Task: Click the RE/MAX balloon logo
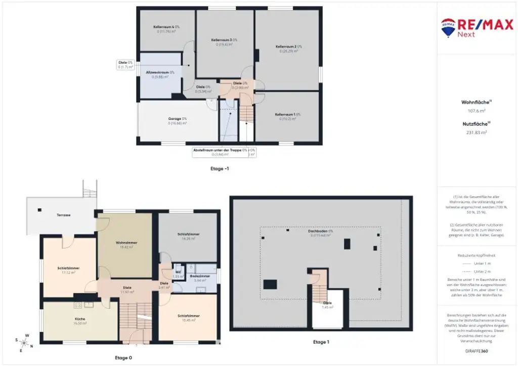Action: point(447,28)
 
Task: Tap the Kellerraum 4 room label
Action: point(166,27)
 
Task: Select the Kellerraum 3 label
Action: point(224,40)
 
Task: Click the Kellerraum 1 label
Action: point(288,115)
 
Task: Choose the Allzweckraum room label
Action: point(160,73)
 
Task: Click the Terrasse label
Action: point(63,215)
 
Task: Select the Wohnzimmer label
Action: point(124,243)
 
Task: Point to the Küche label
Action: point(80,319)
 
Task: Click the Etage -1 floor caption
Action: point(220,168)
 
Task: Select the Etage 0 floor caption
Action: point(123,358)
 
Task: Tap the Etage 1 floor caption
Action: point(320,342)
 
